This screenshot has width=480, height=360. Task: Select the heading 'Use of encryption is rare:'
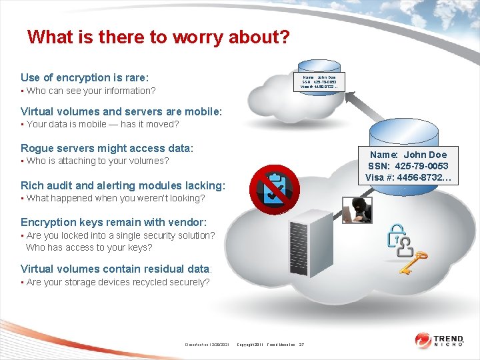point(85,77)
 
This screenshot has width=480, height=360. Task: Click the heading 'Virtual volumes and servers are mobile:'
point(121,111)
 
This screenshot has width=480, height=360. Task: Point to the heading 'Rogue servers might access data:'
point(107,148)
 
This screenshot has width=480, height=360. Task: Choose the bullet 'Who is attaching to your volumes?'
point(97,161)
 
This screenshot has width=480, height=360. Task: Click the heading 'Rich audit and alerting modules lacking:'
point(123,185)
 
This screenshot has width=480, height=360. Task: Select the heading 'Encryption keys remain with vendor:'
point(113,222)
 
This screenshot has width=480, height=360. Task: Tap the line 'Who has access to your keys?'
point(89,247)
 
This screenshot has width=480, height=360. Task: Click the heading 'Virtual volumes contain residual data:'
point(116,269)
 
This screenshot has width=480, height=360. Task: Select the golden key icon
point(413,263)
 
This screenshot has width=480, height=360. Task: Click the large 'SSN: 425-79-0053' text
point(409,166)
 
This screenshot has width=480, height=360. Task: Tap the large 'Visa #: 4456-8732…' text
point(409,177)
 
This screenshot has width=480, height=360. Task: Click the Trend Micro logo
point(441,340)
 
